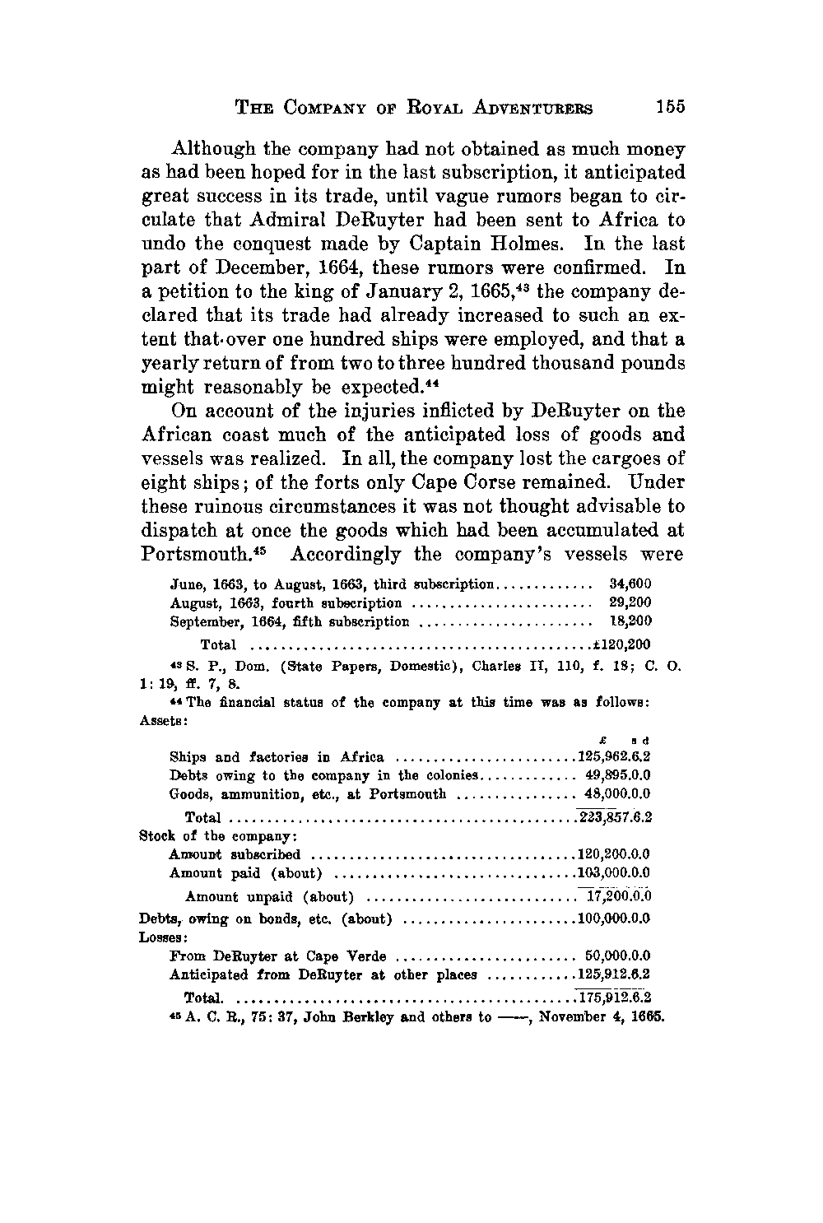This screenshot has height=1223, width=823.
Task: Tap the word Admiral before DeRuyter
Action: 322,221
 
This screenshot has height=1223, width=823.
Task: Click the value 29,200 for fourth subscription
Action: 630,602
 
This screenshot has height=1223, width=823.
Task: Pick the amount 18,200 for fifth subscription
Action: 630,621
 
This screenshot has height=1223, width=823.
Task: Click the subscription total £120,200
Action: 627,644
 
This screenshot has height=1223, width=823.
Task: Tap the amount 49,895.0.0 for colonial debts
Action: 618,775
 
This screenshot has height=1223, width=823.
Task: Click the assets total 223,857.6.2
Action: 616,817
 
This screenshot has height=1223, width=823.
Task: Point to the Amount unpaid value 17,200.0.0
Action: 618,896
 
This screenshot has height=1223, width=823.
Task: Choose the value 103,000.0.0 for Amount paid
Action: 616,872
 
